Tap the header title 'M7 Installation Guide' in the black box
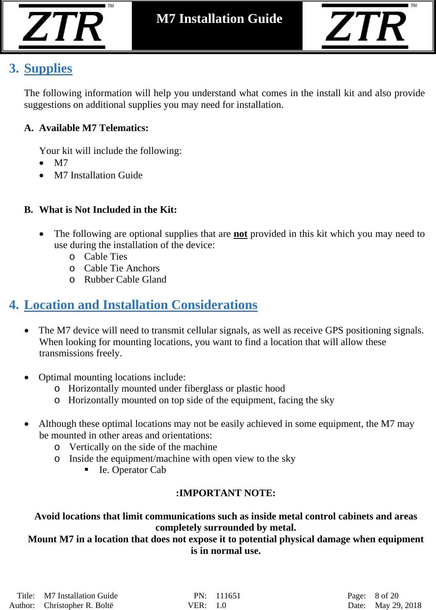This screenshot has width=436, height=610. click(219, 19)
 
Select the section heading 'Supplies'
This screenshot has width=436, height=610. click(48, 69)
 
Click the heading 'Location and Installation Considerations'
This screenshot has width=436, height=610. click(141, 305)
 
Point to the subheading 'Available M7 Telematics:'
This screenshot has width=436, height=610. click(94, 128)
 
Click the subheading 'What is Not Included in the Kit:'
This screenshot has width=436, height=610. click(108, 210)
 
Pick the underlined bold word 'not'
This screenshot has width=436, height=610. click(240, 234)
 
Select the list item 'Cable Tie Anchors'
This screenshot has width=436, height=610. click(122, 268)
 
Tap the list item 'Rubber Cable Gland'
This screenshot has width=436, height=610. click(125, 279)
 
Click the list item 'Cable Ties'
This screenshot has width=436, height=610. click(105, 257)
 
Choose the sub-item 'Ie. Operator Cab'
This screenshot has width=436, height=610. click(132, 470)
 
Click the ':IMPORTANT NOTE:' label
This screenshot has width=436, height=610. click(226, 493)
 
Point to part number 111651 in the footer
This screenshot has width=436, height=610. click(228, 596)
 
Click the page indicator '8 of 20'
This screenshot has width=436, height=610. click(386, 596)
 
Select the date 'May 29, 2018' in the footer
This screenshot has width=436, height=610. click(398, 605)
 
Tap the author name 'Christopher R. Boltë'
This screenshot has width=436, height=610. click(79, 605)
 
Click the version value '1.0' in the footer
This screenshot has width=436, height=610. click(221, 605)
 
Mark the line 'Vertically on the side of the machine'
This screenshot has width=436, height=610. click(143, 447)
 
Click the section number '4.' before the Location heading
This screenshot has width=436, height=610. click(14, 305)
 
